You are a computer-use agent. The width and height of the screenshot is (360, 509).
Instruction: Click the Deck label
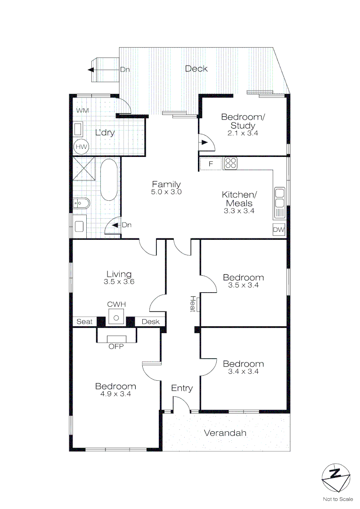(x=196, y=69)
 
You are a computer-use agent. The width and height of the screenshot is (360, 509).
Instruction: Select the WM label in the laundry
(x=82, y=110)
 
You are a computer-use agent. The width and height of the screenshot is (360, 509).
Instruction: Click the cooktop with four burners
(x=230, y=164)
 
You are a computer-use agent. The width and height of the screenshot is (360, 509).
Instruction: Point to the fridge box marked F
(x=211, y=164)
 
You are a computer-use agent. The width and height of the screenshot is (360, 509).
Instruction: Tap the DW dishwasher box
(x=279, y=230)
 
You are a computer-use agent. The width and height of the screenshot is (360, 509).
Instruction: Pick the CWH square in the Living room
(x=116, y=317)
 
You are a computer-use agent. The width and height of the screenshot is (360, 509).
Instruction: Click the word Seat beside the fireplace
(x=84, y=322)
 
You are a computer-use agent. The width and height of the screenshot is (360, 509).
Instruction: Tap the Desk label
(x=150, y=322)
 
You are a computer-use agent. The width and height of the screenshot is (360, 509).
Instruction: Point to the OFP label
(x=116, y=346)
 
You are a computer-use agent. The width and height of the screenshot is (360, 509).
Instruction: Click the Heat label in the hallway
(x=193, y=304)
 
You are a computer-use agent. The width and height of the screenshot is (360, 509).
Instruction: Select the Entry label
(x=182, y=388)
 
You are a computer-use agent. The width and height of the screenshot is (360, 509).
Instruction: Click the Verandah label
(x=225, y=433)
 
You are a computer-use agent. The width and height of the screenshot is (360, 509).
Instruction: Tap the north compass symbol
(x=335, y=477)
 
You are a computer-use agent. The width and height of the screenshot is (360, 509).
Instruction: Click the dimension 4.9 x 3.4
(x=115, y=394)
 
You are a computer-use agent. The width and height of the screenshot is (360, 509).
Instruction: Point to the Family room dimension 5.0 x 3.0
(x=166, y=192)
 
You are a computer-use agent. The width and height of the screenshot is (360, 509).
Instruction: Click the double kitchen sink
(x=279, y=198)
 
